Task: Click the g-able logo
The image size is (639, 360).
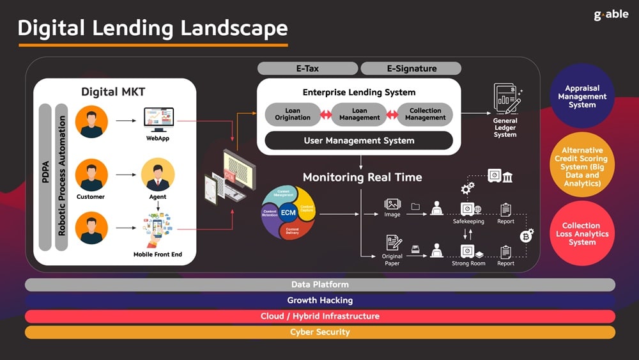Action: [x=611, y=15]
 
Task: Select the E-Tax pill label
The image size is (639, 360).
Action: [x=307, y=68]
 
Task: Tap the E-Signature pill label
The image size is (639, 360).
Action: [x=411, y=68]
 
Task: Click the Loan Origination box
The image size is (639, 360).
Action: [x=292, y=114]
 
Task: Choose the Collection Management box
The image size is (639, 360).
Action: [x=425, y=114]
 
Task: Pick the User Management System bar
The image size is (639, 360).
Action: [x=358, y=141]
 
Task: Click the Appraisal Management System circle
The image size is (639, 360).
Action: [x=581, y=97]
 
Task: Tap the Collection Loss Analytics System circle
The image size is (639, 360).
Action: [x=581, y=234]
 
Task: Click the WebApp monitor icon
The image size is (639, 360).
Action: [x=158, y=119]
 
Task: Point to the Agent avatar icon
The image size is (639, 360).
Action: [x=157, y=175]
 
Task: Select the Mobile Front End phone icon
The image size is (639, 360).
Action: [x=157, y=231]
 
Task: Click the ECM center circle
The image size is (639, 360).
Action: [x=288, y=212]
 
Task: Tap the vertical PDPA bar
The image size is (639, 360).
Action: [x=45, y=176]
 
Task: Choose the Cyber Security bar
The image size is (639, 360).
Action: [x=319, y=333]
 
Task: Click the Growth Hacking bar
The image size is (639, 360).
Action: [x=319, y=301]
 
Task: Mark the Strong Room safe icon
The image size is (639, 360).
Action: [x=468, y=250]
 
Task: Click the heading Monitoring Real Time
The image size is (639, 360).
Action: [x=362, y=177]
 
